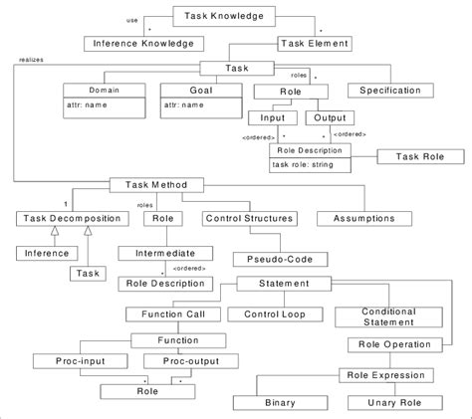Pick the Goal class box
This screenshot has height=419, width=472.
196,102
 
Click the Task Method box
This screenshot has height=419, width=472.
149,184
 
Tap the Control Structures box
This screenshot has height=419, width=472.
249,217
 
